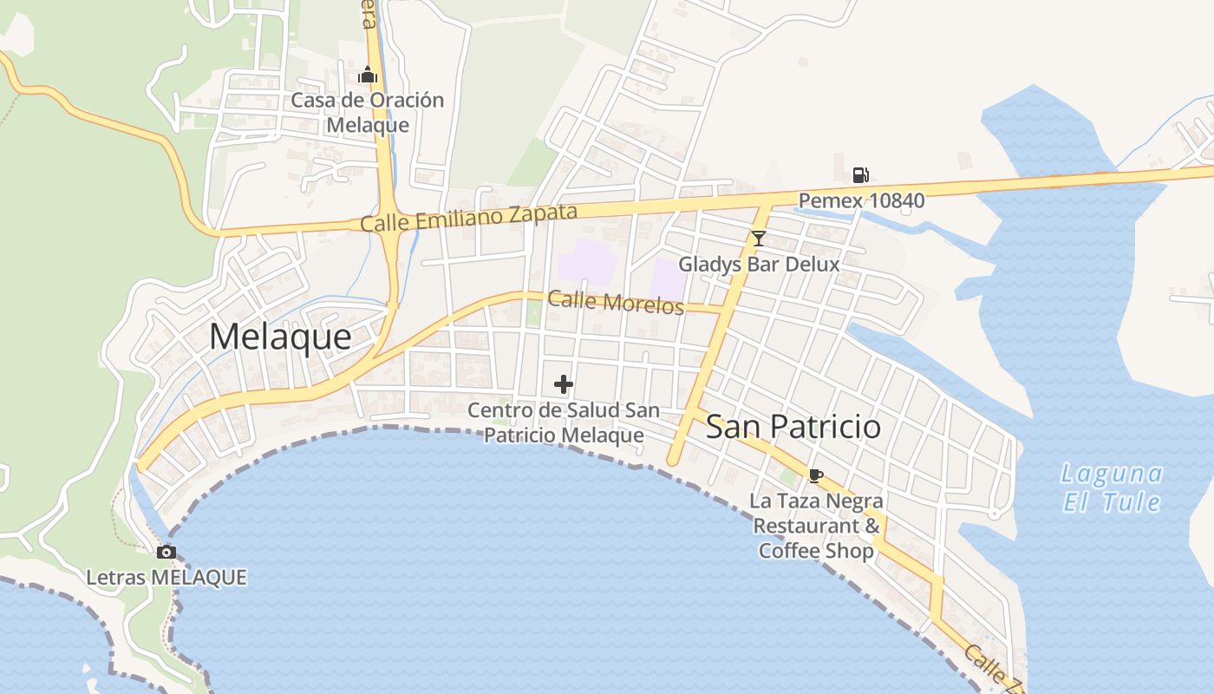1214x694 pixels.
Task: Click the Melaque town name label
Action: (280, 337)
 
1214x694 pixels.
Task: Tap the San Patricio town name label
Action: (793, 427)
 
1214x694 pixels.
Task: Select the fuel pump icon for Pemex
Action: (860, 175)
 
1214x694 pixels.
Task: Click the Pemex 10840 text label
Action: (861, 201)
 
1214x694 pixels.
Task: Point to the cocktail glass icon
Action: (759, 238)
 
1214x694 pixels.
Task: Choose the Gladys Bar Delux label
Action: (759, 264)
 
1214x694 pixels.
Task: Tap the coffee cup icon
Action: (815, 475)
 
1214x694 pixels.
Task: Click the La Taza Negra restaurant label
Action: (816, 526)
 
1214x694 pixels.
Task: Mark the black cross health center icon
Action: (564, 383)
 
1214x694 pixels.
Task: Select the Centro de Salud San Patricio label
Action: (564, 422)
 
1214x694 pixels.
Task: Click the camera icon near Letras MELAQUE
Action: (166, 552)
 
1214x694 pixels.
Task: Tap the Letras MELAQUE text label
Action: (166, 577)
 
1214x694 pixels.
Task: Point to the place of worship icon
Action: (368, 75)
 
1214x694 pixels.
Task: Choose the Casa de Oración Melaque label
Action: (368, 112)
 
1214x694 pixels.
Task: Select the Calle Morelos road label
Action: (616, 302)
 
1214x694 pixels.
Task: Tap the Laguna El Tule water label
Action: (1112, 488)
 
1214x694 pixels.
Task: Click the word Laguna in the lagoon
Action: (1112, 474)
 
